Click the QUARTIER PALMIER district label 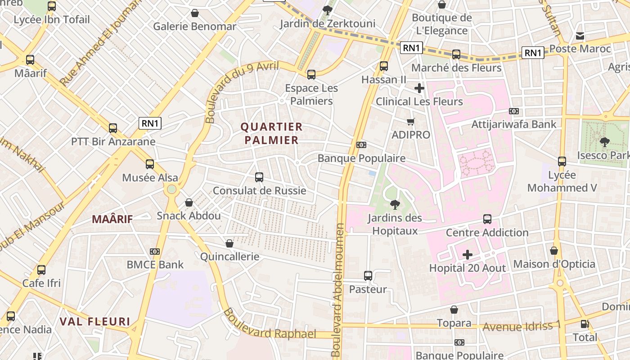tap(271, 133)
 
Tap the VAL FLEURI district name tap(95, 322)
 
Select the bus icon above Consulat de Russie tap(259, 177)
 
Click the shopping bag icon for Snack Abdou tap(189, 202)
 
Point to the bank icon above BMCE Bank tap(155, 252)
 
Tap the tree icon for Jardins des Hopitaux tap(395, 205)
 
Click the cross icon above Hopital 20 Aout tap(468, 255)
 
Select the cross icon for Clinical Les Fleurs tap(419, 88)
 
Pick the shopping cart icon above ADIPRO tap(410, 121)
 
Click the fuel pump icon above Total tap(585, 324)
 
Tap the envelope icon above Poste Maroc tap(580, 36)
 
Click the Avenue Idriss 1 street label tap(522, 326)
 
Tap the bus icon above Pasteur tap(368, 276)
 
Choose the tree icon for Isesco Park tap(604, 142)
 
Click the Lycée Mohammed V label tap(562, 181)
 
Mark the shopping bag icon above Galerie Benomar tap(195, 13)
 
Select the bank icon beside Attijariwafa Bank tap(514, 111)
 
